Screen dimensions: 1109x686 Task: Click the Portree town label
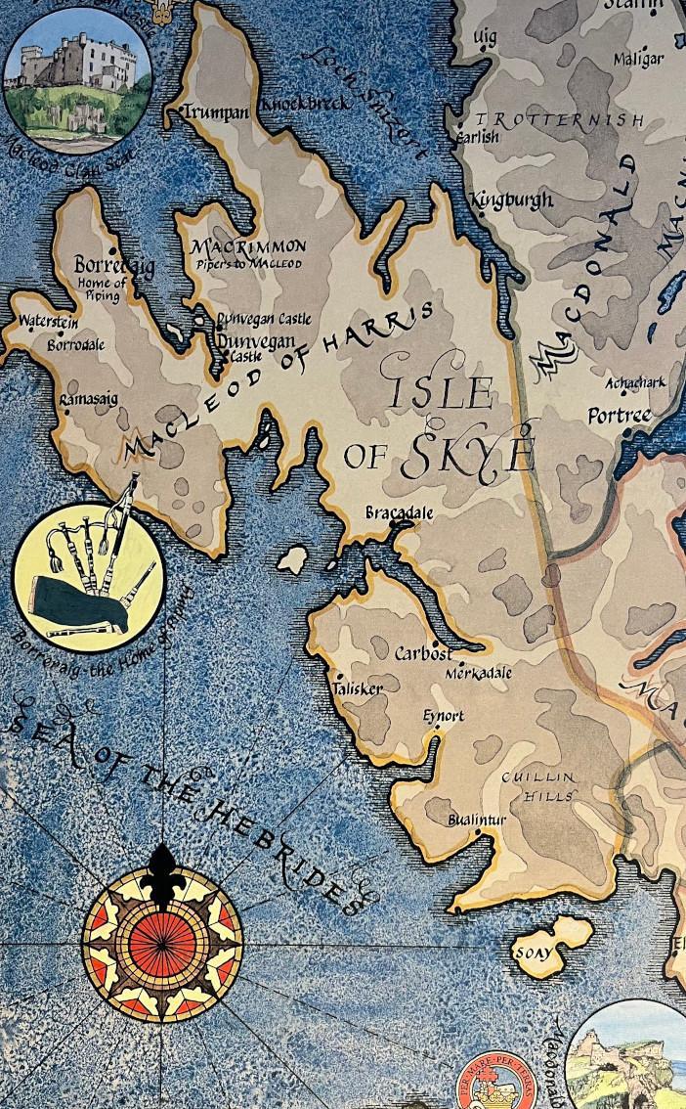(x=619, y=416)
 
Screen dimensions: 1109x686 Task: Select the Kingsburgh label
(x=511, y=200)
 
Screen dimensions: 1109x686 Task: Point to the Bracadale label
(x=399, y=512)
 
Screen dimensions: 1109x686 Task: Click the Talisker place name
(x=357, y=688)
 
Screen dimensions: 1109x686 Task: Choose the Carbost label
(x=423, y=653)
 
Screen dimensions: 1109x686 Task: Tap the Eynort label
(x=443, y=716)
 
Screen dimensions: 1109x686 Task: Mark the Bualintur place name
(x=477, y=820)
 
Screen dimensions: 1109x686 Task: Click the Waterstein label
(x=48, y=321)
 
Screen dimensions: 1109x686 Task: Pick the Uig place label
(x=485, y=36)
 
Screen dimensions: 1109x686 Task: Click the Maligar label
(x=638, y=60)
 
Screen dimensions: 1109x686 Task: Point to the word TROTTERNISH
(x=559, y=120)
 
